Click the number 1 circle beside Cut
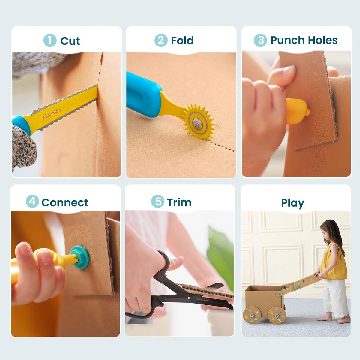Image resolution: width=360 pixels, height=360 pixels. click(x=50, y=40)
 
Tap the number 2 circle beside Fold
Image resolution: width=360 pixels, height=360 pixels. click(x=161, y=40)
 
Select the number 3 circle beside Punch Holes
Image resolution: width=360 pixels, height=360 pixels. click(x=260, y=40)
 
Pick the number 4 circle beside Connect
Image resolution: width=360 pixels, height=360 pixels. click(x=32, y=201)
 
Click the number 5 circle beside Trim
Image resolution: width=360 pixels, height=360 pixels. click(x=158, y=201)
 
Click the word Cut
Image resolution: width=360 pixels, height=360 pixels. click(x=70, y=41)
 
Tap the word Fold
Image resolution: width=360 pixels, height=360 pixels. click(x=182, y=40)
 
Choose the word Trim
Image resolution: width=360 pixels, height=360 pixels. click(x=179, y=202)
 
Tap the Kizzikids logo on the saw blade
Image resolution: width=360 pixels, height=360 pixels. click(x=52, y=113)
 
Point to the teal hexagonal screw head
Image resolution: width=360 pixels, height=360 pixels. click(x=80, y=257)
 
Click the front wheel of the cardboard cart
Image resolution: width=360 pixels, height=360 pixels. click(x=277, y=316)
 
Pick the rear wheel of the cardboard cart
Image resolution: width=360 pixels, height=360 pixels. click(x=252, y=315)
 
